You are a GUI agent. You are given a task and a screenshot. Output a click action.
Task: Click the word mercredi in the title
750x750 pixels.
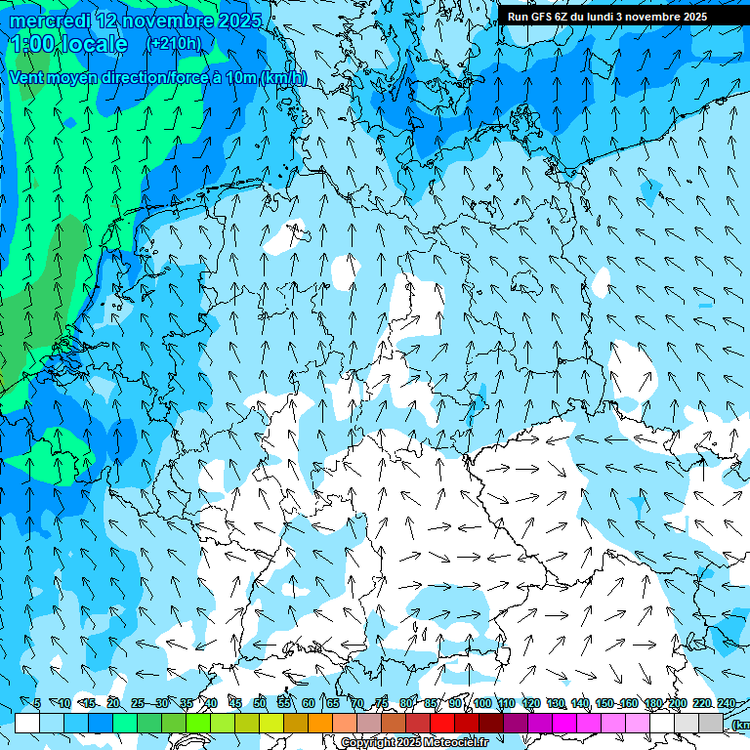coord(51,21)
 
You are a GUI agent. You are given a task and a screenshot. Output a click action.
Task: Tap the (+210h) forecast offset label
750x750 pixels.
coord(174,43)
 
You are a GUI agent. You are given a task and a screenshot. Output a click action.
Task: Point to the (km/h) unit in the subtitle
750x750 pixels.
coord(283,78)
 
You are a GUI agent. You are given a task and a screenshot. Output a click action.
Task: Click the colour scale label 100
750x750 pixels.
coord(482,703)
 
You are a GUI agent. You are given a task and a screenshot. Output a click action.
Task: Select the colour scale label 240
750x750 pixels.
coord(726,703)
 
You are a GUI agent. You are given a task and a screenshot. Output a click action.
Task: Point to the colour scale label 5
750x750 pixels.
coord(37,703)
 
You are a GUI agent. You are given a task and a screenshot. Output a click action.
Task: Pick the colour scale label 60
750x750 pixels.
coord(309,703)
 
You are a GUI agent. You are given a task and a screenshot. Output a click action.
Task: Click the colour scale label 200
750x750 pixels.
coord(677,703)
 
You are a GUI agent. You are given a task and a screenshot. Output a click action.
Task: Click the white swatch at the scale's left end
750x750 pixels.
coord(27,723)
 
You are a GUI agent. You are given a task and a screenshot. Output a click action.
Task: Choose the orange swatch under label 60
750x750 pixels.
coord(320,723)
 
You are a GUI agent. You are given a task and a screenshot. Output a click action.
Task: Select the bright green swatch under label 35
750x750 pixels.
coord(198,723)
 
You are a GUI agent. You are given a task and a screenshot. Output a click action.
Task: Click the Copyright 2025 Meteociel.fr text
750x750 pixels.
coord(414,743)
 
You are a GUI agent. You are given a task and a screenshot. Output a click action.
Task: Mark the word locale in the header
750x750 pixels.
coord(93,44)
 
